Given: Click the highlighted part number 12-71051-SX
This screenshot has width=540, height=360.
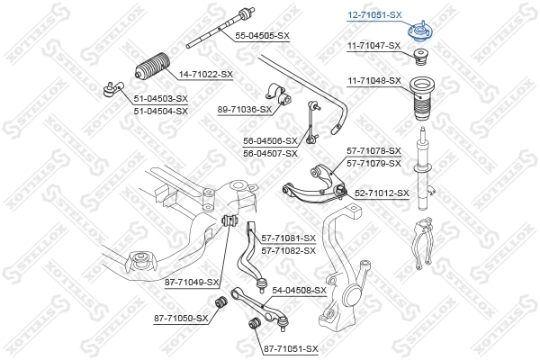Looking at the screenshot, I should (x=374, y=14).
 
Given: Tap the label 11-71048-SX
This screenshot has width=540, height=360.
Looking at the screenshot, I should (x=374, y=80).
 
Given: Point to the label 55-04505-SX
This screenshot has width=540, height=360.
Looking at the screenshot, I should (x=262, y=35).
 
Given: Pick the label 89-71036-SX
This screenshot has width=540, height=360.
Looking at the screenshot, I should (x=244, y=109).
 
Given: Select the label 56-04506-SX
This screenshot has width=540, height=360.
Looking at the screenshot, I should (x=270, y=141).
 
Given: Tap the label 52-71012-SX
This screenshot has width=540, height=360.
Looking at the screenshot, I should (x=382, y=193).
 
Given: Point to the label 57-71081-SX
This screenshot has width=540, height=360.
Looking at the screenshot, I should (x=288, y=238).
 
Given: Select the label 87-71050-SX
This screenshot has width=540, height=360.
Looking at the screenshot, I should (x=181, y=318).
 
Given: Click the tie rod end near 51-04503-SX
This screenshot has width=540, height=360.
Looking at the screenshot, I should (x=112, y=88).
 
